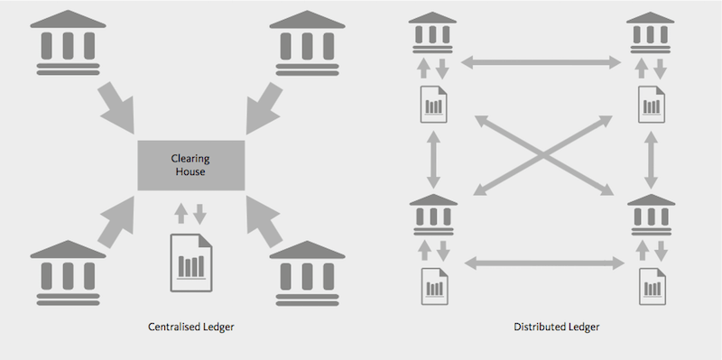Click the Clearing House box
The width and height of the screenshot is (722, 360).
191,165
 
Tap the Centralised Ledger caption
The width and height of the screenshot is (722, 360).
191,327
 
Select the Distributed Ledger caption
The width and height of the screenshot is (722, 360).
557,327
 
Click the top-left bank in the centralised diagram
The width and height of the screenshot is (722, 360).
69,42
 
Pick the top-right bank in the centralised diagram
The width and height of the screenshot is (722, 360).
307,42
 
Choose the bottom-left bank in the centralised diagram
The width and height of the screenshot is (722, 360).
69,272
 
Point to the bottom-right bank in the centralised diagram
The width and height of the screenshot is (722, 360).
307,272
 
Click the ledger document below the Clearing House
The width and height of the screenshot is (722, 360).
191,263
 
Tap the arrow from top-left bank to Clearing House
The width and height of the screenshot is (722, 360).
117,108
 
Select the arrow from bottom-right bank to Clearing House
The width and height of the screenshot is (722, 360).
264,221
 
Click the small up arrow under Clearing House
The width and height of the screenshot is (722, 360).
181,214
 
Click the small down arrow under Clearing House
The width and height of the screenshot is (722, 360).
199,214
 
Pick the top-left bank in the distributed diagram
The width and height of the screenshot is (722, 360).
432,32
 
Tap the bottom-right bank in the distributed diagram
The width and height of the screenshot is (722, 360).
651,215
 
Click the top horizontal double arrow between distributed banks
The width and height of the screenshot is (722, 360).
541,62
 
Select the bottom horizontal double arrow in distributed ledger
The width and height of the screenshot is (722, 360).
544,263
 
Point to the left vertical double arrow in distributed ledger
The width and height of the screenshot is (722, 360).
433,160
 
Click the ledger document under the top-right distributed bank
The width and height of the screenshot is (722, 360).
652,105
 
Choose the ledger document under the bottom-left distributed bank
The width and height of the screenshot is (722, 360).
435,286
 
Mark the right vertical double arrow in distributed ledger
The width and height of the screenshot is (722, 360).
651,160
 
